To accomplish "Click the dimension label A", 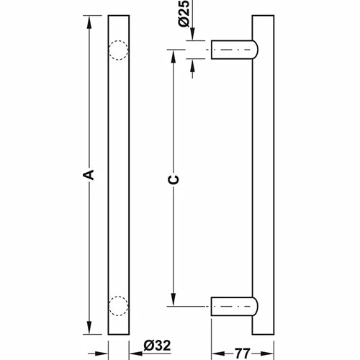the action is (89, 174).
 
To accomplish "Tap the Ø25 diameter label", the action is (184, 13).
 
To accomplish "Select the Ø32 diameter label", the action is (157, 345).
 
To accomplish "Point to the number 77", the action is (242, 354).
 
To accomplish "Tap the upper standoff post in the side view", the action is (232, 50).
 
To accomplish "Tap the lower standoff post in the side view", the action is (232, 307).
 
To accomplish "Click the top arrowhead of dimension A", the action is (89, 23).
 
